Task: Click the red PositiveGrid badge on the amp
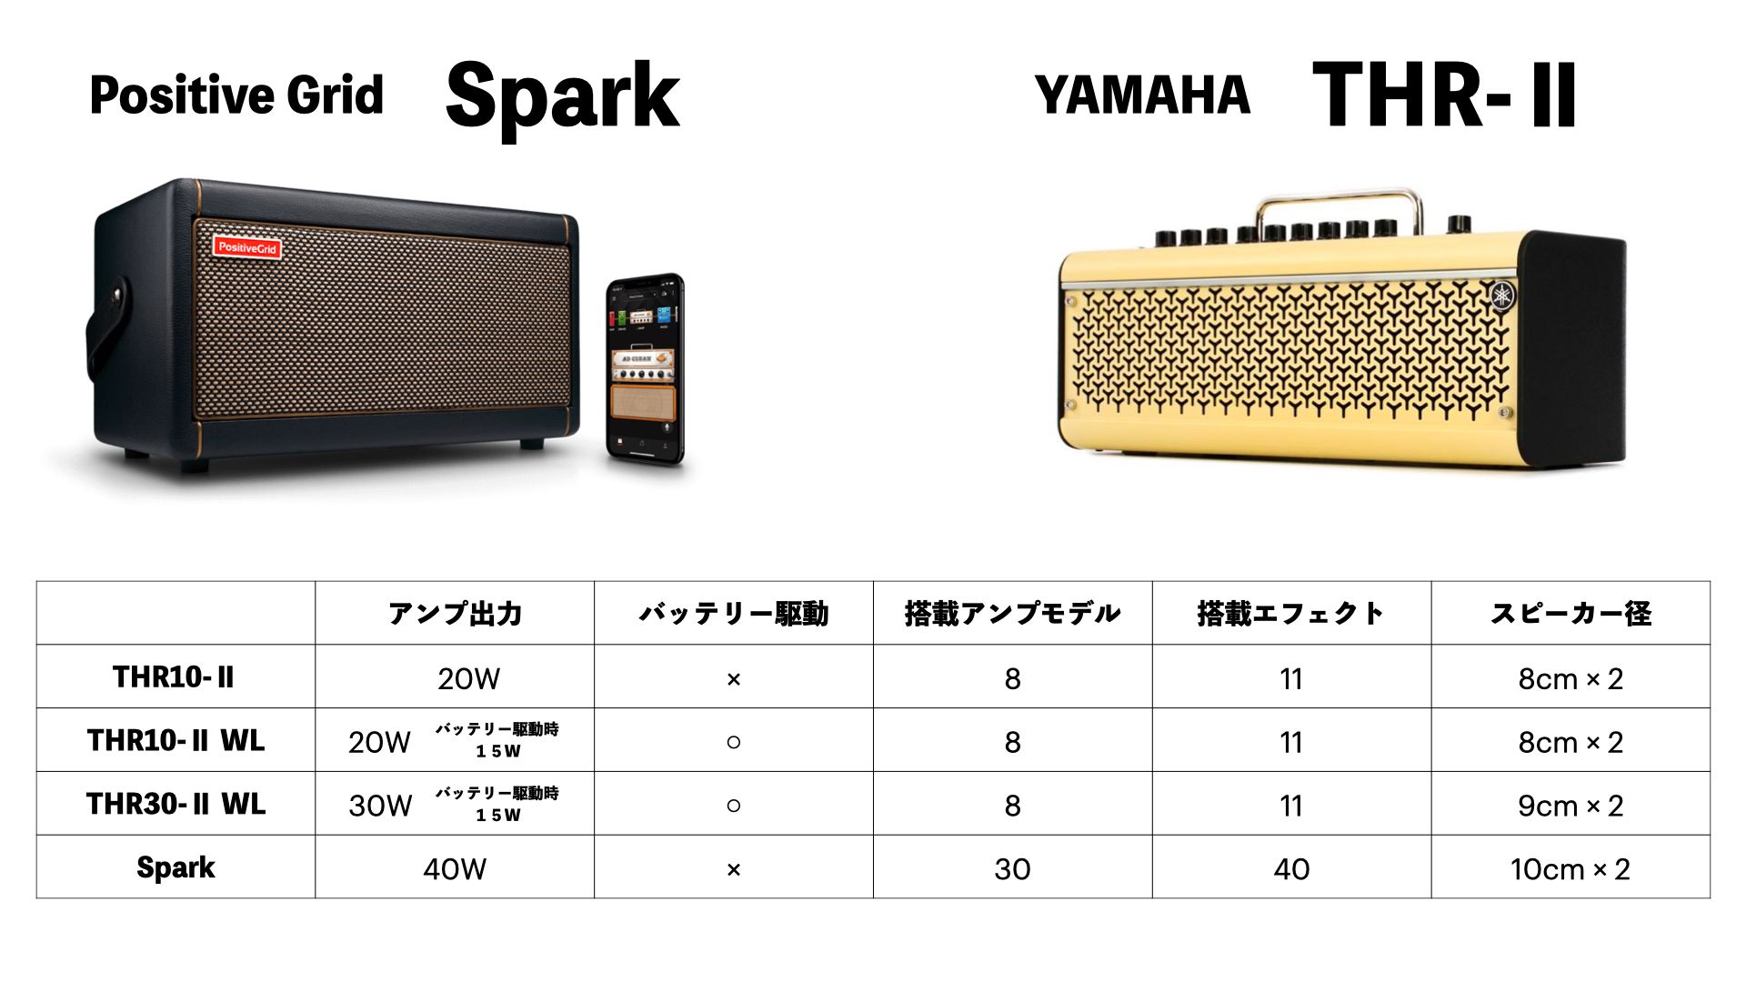246,246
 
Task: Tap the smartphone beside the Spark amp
645,369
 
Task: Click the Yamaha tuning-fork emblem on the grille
1501,296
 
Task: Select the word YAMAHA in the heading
1142,95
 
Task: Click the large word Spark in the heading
562,96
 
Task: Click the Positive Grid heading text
236,95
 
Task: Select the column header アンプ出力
455,614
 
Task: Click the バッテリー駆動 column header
734,614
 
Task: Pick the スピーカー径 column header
1570,614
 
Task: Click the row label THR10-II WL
176,741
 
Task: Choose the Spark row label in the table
176,868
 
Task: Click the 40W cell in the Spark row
455,869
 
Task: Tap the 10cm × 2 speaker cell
1570,869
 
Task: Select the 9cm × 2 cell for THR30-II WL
1570,806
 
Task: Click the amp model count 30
1012,869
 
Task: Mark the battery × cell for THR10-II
734,679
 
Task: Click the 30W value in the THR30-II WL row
380,806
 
